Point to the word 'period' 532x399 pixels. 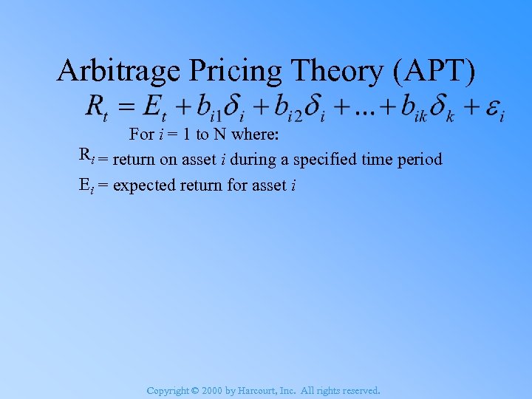click(420, 159)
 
